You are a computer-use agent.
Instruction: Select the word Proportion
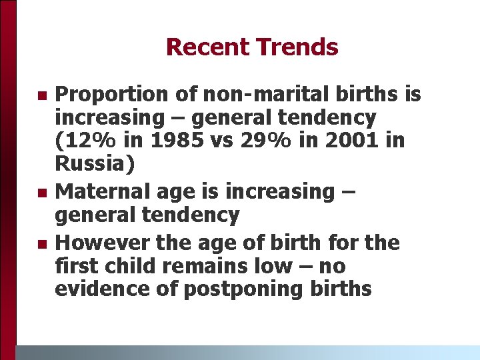[111, 95]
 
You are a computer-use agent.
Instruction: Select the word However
[101, 243]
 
